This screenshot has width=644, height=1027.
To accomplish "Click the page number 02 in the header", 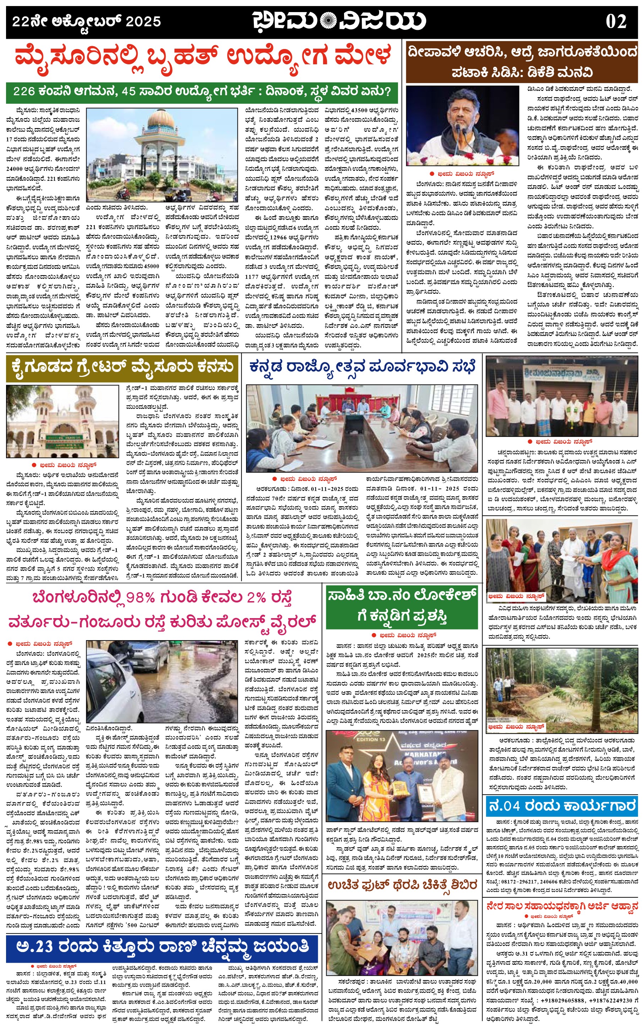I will [x=616, y=22].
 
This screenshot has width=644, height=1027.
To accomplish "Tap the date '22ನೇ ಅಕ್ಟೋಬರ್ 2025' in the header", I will [x=87, y=21].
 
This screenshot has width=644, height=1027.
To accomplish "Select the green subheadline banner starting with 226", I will [x=202, y=92].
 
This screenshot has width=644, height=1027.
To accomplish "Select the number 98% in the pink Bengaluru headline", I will [x=140, y=598].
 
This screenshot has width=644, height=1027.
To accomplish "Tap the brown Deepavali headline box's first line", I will [x=522, y=52].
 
